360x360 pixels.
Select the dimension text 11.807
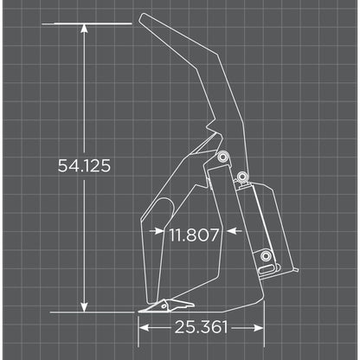pos(194,233)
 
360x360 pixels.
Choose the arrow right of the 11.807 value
pos(232,232)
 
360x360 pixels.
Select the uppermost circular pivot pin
pos(223,157)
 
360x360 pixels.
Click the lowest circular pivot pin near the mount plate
pos(266,256)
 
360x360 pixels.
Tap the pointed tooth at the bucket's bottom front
pos(149,309)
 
